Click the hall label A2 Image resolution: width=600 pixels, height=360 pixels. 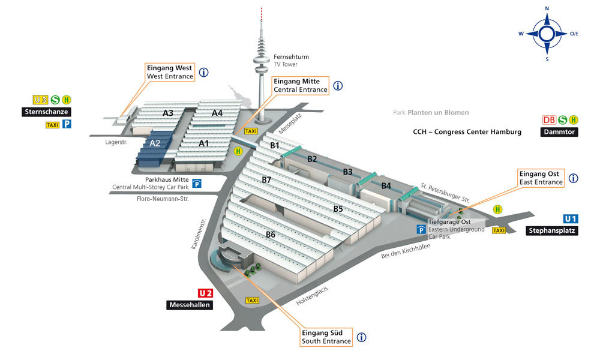[x=155, y=143]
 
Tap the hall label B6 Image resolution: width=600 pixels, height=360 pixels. [x=271, y=235]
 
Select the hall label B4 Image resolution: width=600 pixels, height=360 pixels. [x=386, y=186]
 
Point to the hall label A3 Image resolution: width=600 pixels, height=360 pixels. [x=168, y=113]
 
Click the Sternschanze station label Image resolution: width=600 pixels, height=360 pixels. [x=46, y=112]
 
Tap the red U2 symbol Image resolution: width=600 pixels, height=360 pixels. [x=205, y=293]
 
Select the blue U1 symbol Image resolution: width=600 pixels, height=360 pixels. [x=571, y=219]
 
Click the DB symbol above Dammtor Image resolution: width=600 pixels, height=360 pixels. [x=549, y=120]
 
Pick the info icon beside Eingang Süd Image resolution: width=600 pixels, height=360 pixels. [x=361, y=337]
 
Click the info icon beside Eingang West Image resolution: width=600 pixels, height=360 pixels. [x=203, y=72]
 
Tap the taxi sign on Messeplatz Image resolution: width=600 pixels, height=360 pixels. [x=251, y=131]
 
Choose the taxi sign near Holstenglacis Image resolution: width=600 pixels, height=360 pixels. [x=252, y=301]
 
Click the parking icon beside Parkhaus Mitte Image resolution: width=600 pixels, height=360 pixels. [x=197, y=184]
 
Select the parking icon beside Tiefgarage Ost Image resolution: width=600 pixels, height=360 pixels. [x=421, y=229]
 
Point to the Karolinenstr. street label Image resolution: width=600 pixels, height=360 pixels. [x=199, y=234]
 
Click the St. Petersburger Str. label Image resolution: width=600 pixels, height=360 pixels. [x=445, y=193]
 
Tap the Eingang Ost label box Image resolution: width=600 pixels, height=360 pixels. [x=541, y=178]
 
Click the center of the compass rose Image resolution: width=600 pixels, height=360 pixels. [x=547, y=34]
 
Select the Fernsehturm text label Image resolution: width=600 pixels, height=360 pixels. [x=291, y=56]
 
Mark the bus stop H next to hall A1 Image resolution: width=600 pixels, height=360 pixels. [x=238, y=151]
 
